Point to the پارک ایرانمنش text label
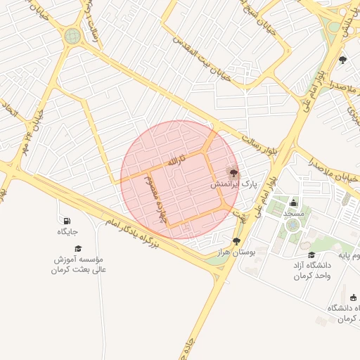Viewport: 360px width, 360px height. click(235, 184)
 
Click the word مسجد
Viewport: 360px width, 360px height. click(293, 212)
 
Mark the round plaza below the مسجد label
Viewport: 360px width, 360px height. click(292, 225)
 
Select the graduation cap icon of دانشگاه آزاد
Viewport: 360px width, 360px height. click(311, 255)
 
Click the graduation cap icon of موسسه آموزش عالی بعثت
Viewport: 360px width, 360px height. click(78, 248)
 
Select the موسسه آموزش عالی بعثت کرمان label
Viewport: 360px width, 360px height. click(78, 264)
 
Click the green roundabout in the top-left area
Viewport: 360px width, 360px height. click(72, 35)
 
